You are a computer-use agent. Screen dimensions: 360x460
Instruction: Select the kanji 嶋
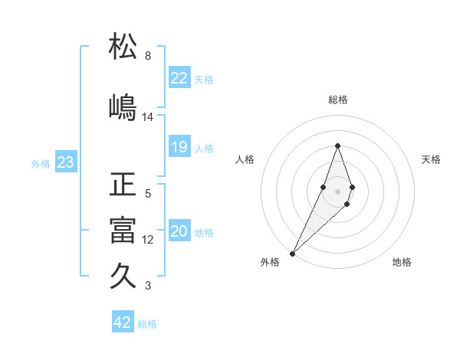point(123,106)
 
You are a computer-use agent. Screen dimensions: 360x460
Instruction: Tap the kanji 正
point(123,185)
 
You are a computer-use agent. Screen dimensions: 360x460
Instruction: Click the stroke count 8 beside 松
point(148,56)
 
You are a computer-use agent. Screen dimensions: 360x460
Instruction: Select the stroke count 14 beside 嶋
point(148,117)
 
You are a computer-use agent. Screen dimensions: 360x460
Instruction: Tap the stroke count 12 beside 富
point(148,240)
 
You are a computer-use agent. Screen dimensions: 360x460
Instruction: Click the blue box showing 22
point(179,78)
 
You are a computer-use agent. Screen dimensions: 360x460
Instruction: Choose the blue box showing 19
point(179,147)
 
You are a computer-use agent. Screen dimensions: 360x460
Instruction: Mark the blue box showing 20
point(179,231)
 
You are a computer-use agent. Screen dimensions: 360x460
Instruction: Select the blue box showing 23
point(65,162)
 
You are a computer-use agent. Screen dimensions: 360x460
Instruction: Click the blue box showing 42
point(123,322)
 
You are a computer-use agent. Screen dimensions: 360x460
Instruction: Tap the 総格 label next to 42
point(148,324)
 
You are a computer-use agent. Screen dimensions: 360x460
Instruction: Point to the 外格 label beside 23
point(41,164)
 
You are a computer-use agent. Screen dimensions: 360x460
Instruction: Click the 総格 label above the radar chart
point(337,100)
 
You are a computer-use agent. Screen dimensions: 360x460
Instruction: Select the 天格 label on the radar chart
point(432,159)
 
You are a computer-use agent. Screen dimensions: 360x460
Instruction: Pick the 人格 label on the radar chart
point(245,159)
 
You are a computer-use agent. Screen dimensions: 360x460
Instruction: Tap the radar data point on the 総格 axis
point(337,146)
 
